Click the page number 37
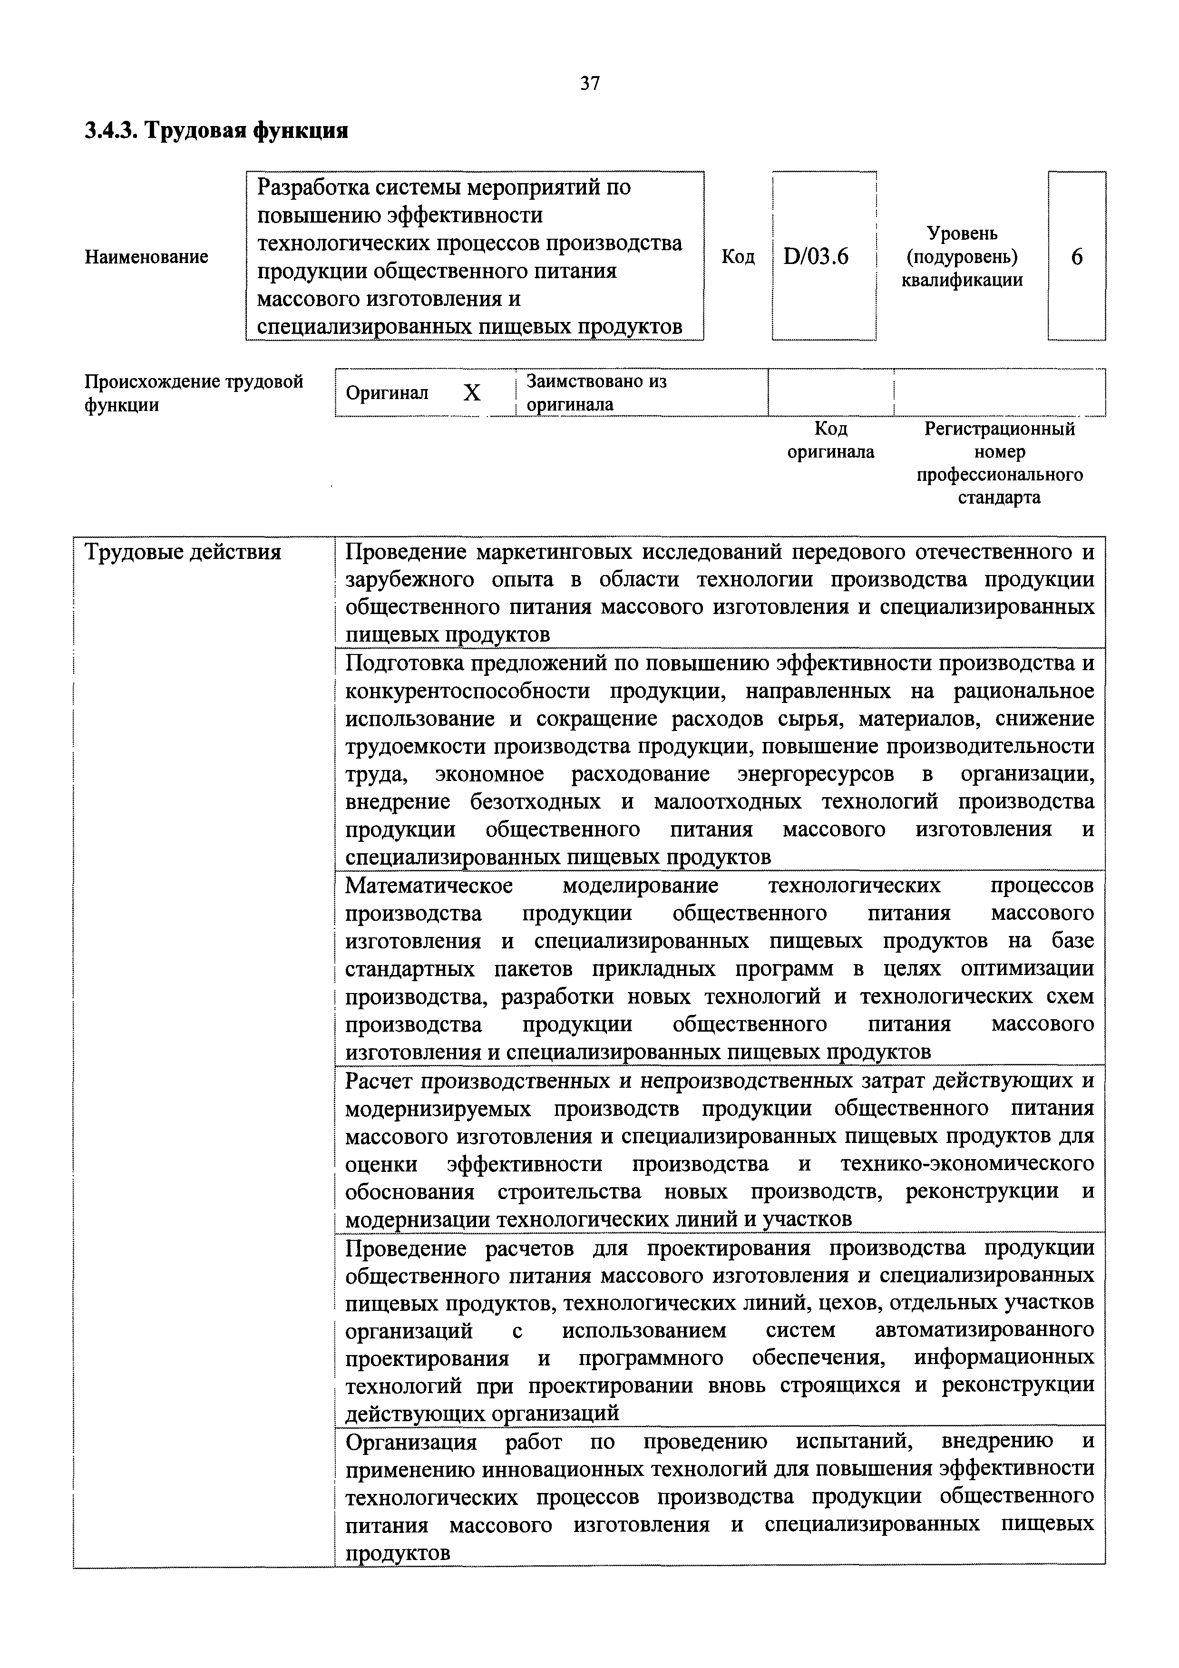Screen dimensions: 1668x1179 tap(590, 84)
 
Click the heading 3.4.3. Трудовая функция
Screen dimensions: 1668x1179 tap(216, 131)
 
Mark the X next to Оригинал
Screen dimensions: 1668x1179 tap(472, 393)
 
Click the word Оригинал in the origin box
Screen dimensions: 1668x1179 tap(387, 393)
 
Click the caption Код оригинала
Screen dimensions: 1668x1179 tap(831, 440)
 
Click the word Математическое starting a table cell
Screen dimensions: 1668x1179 tap(429, 886)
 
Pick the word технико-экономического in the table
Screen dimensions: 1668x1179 tap(967, 1164)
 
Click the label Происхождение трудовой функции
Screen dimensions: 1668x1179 tap(193, 393)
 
